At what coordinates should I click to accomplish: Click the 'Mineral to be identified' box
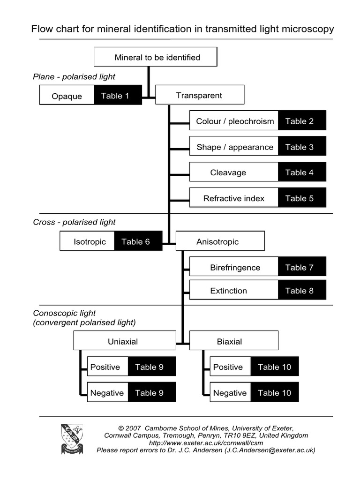coord(155,57)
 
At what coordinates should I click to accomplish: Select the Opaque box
coord(67,96)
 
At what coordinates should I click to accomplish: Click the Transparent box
coord(199,95)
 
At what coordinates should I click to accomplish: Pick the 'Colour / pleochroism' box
coord(234,121)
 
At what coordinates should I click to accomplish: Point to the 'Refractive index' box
coord(233,198)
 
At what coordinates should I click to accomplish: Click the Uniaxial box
coord(123,341)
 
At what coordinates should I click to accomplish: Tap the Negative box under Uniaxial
coord(107,393)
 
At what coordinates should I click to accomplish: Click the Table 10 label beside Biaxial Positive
coord(274,367)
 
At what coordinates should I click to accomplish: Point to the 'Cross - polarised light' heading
coord(74,222)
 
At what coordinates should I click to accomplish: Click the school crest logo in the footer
coord(72,439)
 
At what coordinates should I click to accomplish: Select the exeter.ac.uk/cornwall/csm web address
coord(206,442)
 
